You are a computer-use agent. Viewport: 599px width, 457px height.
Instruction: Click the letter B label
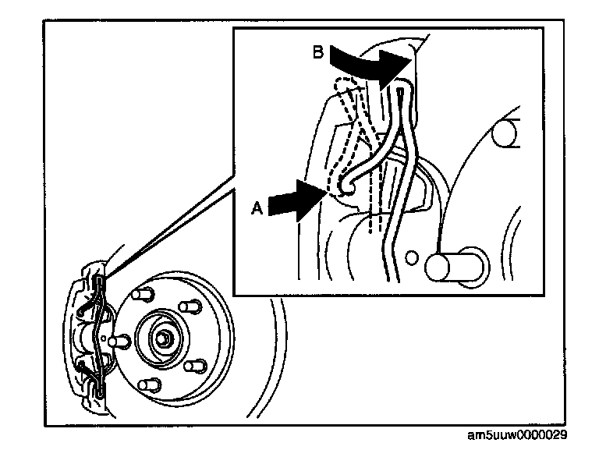(x=317, y=53)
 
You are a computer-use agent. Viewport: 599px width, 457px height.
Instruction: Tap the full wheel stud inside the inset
(x=450, y=265)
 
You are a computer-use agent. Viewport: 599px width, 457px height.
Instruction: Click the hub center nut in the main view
(x=166, y=337)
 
